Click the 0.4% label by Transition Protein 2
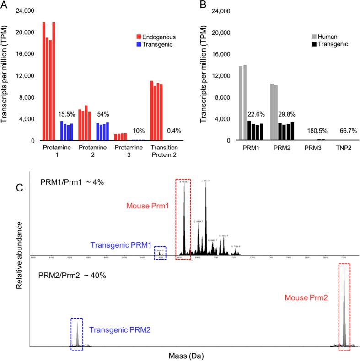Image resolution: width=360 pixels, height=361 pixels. [173, 130]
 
